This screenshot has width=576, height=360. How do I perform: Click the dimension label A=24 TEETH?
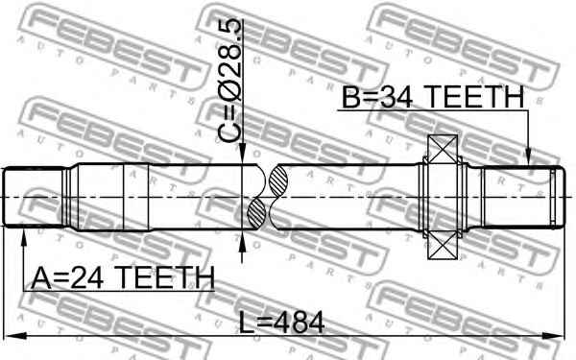tap(123, 277)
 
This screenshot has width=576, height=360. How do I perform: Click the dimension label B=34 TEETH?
tap(433, 97)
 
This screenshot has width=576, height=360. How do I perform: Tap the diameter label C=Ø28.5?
tap(230, 81)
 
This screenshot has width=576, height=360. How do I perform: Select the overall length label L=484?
tap(282, 323)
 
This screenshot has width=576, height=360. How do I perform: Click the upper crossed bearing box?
tap(443, 149)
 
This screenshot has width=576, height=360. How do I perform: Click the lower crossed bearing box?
tap(443, 246)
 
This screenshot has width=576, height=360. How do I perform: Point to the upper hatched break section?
tap(277, 181)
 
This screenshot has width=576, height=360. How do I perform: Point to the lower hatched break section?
tap(256, 213)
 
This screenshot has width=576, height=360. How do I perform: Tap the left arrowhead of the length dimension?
tap(15, 335)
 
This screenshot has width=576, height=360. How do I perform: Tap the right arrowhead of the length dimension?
tap(554, 335)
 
